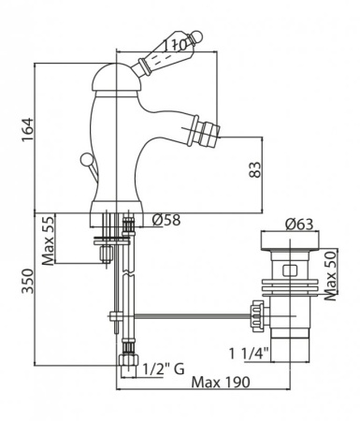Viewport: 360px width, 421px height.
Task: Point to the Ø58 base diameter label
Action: (x=166, y=220)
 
